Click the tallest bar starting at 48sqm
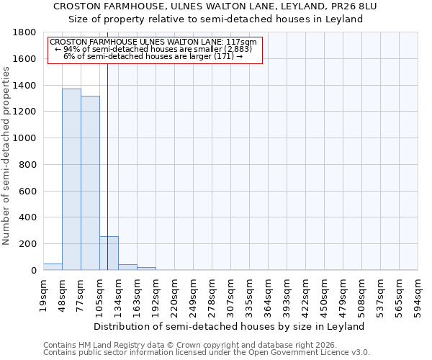click(x=71, y=179)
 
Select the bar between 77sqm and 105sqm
click(x=90, y=183)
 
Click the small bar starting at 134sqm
click(x=127, y=267)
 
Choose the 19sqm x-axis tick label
click(x=44, y=294)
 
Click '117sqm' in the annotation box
click(x=241, y=42)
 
